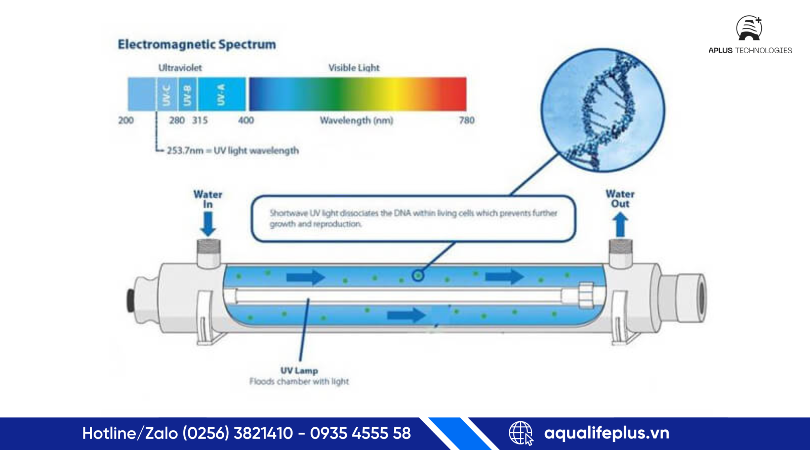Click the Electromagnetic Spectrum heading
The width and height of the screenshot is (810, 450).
click(x=197, y=45)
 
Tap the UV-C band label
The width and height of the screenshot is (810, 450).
click(x=167, y=95)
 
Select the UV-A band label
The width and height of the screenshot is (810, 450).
click(x=221, y=95)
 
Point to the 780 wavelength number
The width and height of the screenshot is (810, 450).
click(x=467, y=120)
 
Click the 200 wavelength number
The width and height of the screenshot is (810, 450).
click(x=126, y=120)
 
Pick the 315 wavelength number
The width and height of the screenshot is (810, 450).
click(x=200, y=120)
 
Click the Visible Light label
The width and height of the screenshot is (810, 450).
click(x=354, y=68)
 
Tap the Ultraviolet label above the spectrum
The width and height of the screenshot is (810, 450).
click(x=180, y=68)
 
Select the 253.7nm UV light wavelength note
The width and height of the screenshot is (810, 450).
click(x=232, y=151)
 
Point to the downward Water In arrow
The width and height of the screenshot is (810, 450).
click(x=208, y=223)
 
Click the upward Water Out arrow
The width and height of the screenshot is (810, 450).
click(x=620, y=224)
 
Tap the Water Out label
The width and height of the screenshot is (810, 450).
click(x=620, y=199)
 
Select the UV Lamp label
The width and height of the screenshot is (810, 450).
click(x=299, y=371)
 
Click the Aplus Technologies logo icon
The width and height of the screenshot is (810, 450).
click(x=749, y=28)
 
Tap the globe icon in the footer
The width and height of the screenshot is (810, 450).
click(x=521, y=433)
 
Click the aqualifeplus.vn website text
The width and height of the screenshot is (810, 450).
click(x=606, y=433)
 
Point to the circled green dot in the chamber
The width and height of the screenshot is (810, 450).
click(x=418, y=276)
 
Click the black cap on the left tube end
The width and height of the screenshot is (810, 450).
click(x=131, y=300)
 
